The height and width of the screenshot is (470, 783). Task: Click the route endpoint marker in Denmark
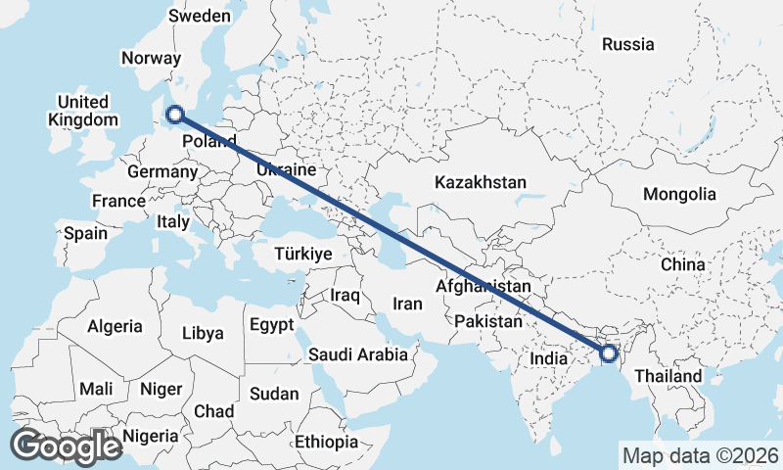point(175,116)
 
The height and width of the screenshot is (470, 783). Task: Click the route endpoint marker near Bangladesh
point(608,353)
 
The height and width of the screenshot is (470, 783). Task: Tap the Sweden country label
point(200,16)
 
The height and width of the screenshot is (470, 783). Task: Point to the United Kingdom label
point(83,111)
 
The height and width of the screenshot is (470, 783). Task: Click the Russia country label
point(628,44)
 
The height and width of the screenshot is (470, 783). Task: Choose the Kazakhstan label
point(481,182)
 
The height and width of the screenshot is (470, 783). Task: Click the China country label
point(682,264)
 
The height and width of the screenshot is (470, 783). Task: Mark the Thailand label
point(668,376)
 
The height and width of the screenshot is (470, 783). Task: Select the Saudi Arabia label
point(358,354)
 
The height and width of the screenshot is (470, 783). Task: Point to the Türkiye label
point(304,254)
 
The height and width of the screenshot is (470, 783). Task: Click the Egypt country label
point(271,324)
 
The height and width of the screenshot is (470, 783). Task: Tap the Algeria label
point(115,326)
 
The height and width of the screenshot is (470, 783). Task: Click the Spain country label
point(85,234)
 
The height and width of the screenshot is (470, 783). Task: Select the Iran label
point(407,304)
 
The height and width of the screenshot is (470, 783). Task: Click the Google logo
point(66,446)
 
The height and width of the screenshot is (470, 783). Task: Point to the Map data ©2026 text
point(700,455)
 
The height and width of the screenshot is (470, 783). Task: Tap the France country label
point(118,201)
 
